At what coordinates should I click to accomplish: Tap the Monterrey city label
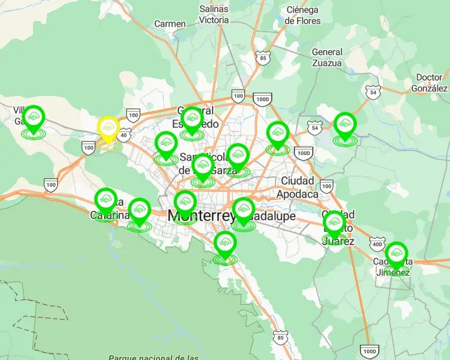[x=202, y=216]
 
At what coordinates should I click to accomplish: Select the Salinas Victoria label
[x=213, y=15]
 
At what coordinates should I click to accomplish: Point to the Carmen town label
[x=170, y=24]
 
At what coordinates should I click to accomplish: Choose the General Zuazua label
[x=327, y=57]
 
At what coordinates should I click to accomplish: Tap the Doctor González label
[x=429, y=83]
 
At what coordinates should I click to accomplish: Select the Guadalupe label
[x=273, y=217]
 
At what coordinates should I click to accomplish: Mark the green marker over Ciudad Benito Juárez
[x=334, y=222]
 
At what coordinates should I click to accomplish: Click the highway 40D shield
[x=378, y=244]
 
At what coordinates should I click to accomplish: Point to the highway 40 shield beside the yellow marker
[x=124, y=135]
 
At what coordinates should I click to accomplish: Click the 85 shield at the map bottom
[x=281, y=338]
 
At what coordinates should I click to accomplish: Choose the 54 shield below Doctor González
[x=374, y=93]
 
